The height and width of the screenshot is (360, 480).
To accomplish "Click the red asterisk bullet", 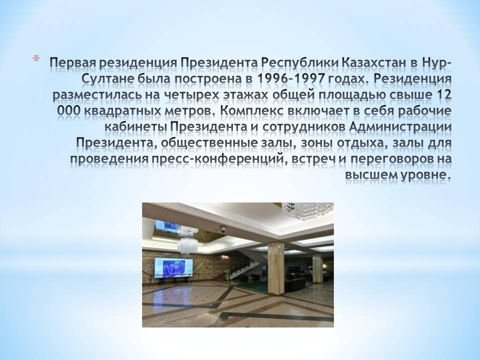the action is coord(36,58).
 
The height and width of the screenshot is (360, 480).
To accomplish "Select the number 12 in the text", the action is coord(443,95).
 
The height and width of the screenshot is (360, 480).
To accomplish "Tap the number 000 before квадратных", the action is coord(68,111).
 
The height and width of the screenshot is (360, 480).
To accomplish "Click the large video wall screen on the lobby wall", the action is coord(173,267).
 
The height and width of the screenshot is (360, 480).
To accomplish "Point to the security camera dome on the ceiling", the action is coord(223,228).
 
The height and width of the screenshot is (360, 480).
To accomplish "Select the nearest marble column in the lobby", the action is coord(275,267).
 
